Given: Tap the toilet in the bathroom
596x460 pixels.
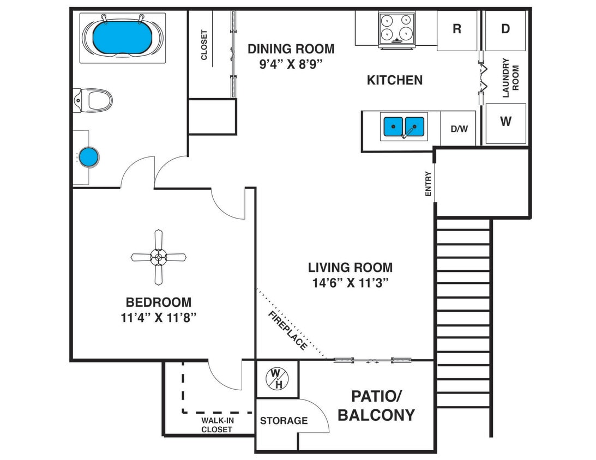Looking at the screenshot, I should click(x=94, y=100).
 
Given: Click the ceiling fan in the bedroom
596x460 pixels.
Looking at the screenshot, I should click(x=159, y=257).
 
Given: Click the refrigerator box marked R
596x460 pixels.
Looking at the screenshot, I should click(x=457, y=29).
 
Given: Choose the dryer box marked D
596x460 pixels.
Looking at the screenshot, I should click(x=505, y=29).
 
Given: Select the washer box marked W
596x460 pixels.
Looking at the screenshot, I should click(x=505, y=122).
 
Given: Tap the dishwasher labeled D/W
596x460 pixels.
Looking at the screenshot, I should click(x=459, y=129).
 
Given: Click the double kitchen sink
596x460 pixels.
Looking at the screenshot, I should click(x=404, y=126).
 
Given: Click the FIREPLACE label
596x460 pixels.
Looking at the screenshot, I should click(x=288, y=330).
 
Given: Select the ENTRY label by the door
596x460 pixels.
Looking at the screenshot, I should click(x=428, y=184).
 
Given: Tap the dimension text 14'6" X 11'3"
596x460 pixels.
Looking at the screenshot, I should click(x=351, y=282).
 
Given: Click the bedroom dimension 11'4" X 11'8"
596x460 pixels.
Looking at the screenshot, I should click(x=159, y=317).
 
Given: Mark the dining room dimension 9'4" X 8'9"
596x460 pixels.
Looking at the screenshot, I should click(x=291, y=63).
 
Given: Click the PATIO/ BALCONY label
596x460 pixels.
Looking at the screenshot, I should click(x=376, y=405).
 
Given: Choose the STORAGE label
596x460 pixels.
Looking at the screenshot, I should click(x=284, y=421).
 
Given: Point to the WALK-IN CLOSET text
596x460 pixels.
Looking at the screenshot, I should click(x=216, y=425).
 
